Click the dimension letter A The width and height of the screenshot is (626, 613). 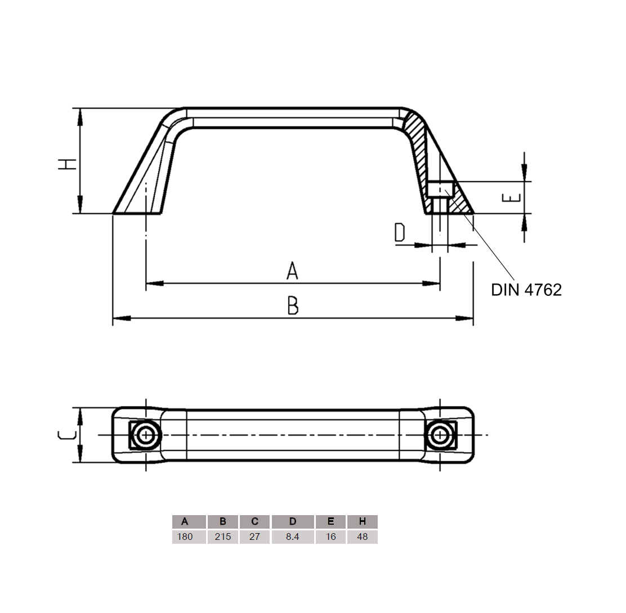(292, 271)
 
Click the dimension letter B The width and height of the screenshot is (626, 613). (292, 305)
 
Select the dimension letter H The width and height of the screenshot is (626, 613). (68, 164)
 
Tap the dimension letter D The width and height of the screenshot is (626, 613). (399, 232)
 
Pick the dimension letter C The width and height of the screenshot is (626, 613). (67, 435)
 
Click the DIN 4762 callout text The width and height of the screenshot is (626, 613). (526, 290)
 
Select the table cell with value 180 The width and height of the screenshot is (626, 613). (185, 537)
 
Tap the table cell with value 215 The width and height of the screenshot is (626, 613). (223, 537)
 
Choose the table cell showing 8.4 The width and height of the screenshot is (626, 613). (292, 537)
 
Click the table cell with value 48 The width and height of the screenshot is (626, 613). (363, 537)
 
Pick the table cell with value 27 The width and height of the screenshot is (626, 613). (254, 537)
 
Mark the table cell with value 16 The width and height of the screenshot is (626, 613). (331, 537)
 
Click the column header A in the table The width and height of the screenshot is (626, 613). (185, 521)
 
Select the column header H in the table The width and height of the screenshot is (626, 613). (363, 521)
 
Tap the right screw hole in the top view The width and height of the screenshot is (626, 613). (439, 435)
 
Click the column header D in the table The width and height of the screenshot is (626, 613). (292, 521)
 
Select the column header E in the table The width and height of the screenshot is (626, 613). (331, 521)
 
